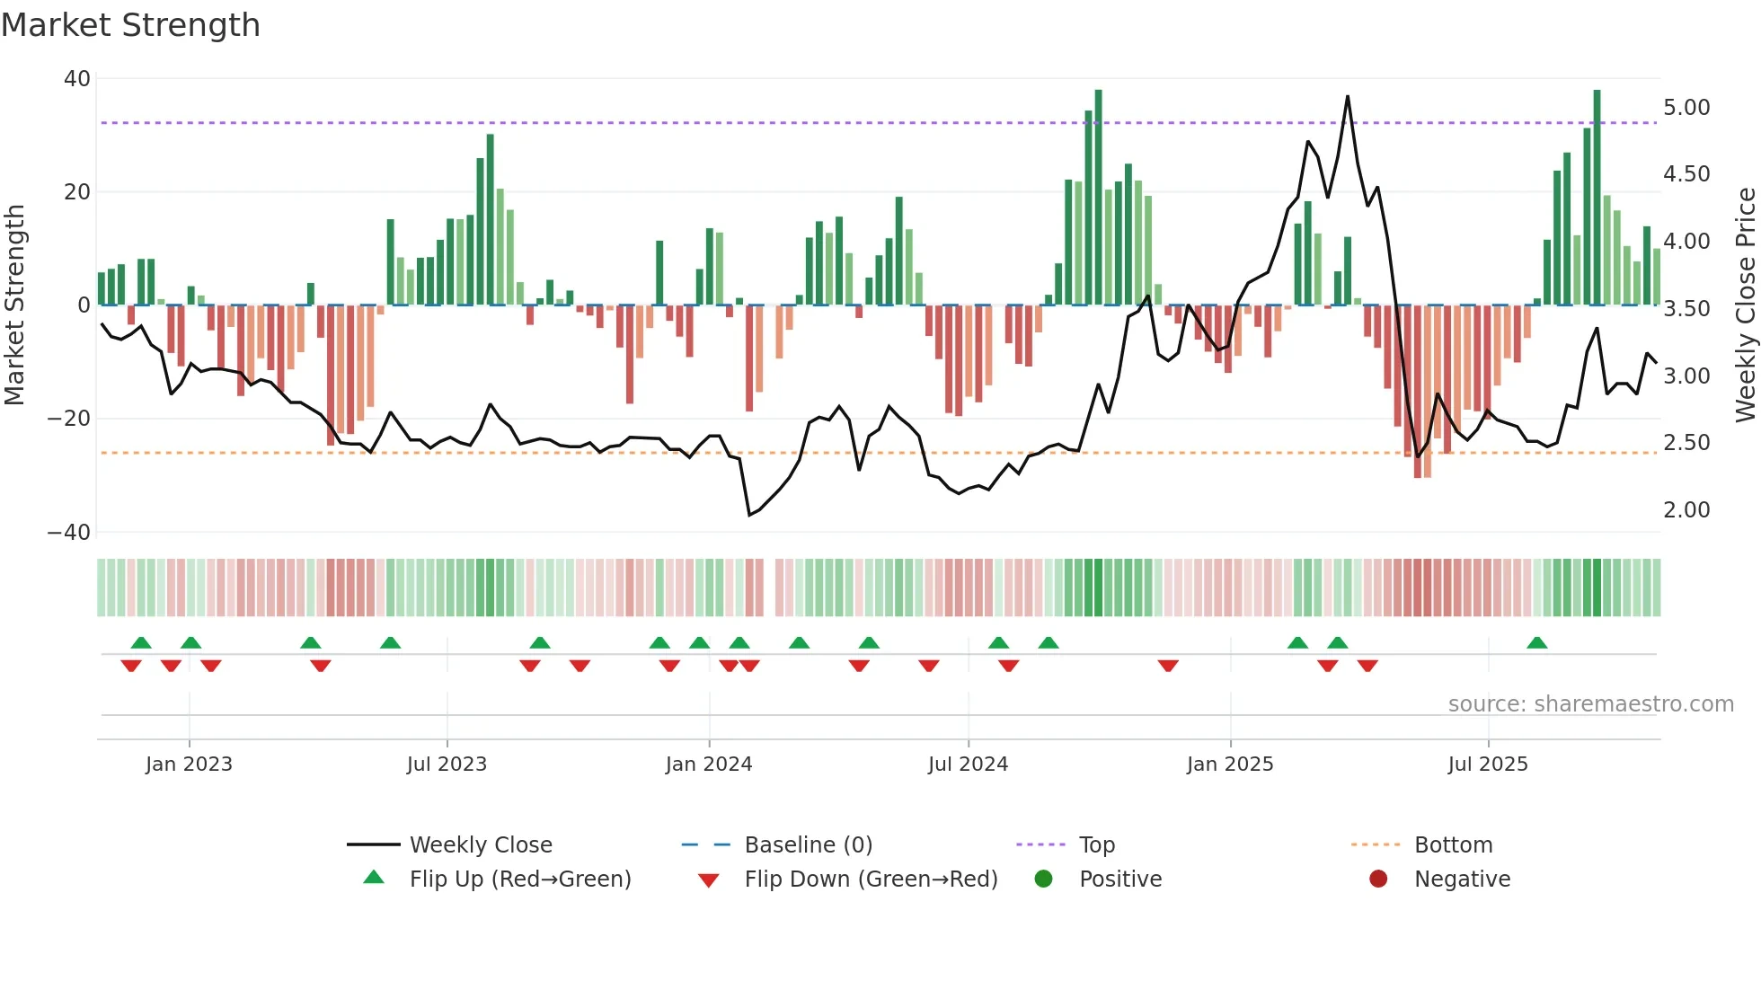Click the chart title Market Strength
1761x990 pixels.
130,25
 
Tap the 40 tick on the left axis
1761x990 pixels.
76,79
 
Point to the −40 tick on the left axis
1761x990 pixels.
69,532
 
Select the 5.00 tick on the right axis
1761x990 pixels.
1686,108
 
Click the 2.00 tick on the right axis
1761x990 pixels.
1686,510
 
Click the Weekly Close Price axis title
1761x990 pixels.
1745,305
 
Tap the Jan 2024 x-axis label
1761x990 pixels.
709,765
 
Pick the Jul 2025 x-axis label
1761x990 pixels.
1488,765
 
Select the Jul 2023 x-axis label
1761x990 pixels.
447,765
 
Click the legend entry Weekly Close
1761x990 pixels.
481,845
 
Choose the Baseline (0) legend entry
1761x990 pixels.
808,845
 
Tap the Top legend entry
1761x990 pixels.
1096,845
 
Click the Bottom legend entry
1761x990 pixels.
1453,845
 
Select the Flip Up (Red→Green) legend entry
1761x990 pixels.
520,880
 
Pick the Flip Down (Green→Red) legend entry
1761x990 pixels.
871,880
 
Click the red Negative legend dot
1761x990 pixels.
1378,879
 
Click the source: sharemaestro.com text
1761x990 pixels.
1590,704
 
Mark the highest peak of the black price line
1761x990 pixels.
1348,96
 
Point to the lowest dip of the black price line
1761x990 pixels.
749,515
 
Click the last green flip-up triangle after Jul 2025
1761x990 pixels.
1537,642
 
